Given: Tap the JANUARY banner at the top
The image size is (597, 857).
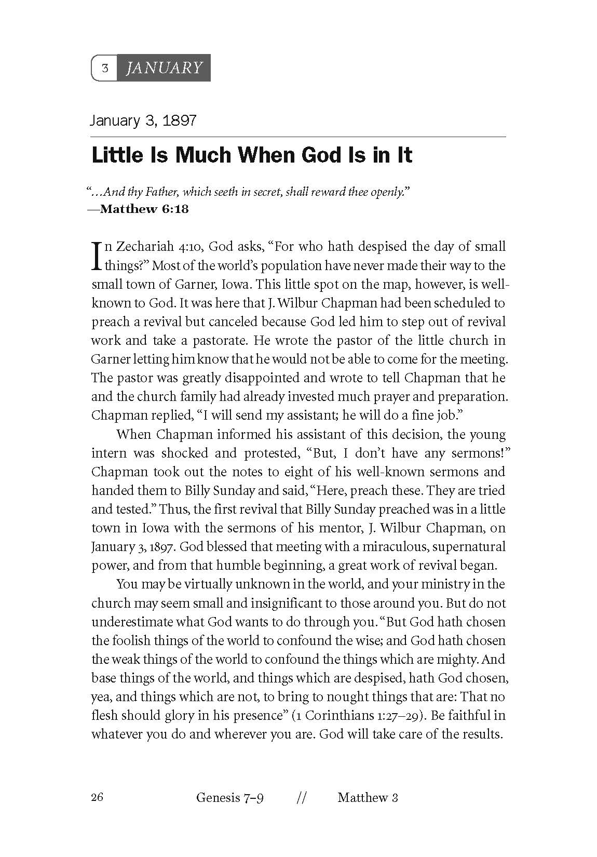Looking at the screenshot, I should tap(164, 68).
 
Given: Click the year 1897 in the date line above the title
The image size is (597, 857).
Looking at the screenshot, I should tap(179, 121).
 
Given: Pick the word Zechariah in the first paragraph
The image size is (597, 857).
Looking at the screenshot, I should tap(139, 246).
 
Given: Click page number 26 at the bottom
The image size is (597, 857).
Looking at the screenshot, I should tap(97, 797).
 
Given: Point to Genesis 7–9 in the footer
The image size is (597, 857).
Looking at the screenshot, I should tap(229, 798).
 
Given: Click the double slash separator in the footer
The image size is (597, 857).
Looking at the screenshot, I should tap(300, 798).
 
